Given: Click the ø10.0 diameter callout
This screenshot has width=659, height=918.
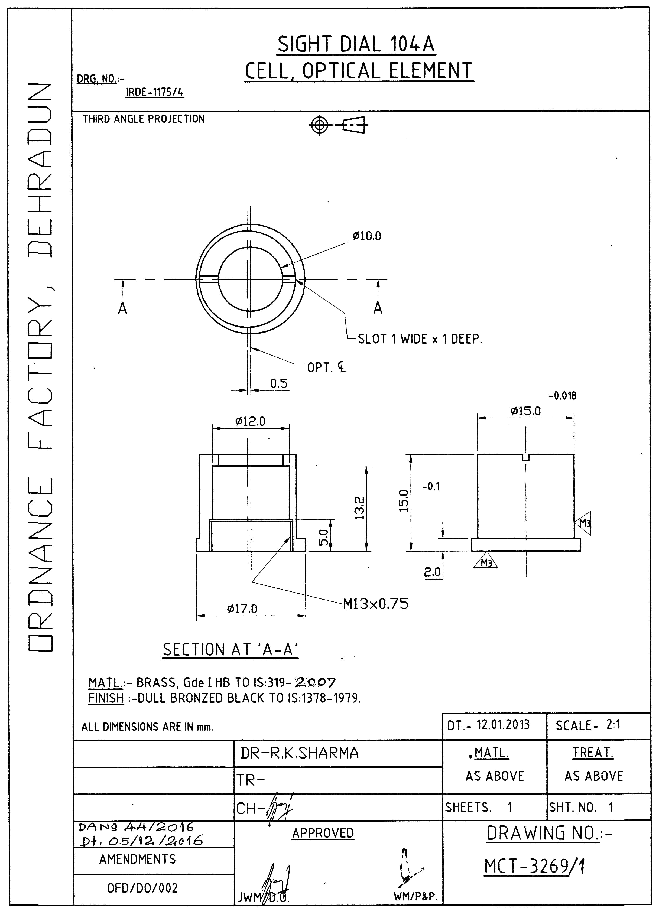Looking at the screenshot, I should coord(367,236).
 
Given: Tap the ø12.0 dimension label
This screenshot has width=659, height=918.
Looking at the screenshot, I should coord(250,422).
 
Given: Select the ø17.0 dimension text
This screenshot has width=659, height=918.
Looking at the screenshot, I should coord(242,608).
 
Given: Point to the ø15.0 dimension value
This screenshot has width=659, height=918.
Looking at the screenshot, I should coord(525,411).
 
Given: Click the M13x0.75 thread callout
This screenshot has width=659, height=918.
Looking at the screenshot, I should coord(376,604).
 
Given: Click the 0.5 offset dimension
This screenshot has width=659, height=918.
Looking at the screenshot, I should coord(279,383).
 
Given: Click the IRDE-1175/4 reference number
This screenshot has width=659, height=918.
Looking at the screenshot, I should coord(155,92).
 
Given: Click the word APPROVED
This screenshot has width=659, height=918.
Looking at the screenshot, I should coord(323,833).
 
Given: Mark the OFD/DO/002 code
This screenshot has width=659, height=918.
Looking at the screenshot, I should coord(142,888).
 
